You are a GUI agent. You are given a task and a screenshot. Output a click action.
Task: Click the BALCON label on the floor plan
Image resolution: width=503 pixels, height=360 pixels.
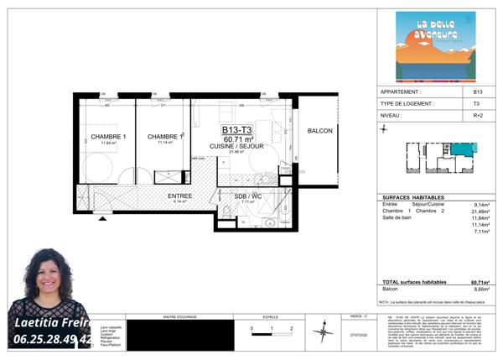tap(319, 132)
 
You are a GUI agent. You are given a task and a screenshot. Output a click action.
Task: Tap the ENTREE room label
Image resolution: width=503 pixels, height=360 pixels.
tap(180, 196)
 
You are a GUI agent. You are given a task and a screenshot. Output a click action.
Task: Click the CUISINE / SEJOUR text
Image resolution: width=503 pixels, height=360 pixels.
tap(237, 145)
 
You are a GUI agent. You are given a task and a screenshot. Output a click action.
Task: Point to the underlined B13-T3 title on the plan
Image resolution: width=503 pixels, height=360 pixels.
tap(237, 130)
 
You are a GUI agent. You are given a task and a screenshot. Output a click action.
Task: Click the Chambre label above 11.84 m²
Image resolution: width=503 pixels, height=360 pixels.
tap(108, 137)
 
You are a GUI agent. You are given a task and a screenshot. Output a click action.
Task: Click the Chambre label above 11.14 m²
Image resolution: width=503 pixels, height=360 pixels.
tap(164, 137)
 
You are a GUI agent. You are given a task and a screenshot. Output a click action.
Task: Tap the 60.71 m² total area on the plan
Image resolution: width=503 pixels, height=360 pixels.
tap(237, 138)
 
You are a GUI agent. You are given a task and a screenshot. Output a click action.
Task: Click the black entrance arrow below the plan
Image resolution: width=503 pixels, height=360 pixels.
tap(103, 218)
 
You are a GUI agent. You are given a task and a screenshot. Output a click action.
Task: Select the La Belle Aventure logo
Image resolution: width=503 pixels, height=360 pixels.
tap(435, 47)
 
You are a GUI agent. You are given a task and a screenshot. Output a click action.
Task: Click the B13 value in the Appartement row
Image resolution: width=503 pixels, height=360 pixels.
tap(477, 91)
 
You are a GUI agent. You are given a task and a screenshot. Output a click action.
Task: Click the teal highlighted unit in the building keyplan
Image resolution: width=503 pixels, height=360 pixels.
tap(463, 149)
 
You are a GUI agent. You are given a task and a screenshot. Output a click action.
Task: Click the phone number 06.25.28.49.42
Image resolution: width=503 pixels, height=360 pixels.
tap(53, 339)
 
